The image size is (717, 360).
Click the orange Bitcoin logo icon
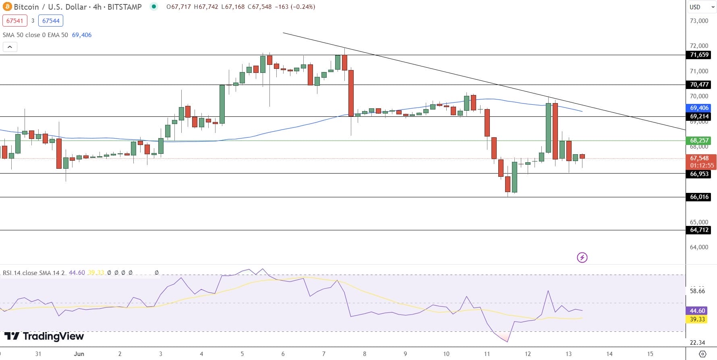[7, 7]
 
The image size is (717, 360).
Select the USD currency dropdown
[701, 7]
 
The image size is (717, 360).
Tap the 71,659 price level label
[699, 55]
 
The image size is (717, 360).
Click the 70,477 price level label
[699, 85]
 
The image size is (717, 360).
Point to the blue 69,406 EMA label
[699, 108]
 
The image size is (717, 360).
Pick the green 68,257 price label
[699, 141]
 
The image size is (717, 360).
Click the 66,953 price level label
[699, 174]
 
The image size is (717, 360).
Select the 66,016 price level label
[699, 197]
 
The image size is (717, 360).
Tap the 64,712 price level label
[699, 230]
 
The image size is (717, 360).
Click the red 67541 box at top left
[15, 21]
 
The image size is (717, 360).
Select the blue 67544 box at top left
[51, 21]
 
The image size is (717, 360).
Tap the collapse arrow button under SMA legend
[10, 47]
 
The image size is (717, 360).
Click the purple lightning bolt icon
[582, 257]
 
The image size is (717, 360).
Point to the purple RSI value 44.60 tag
[697, 311]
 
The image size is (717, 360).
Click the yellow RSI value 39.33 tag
[697, 319]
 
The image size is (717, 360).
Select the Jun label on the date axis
[79, 354]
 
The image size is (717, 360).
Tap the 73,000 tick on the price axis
[699, 21]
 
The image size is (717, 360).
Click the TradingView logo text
[44, 336]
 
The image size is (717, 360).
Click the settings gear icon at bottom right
[702, 354]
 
